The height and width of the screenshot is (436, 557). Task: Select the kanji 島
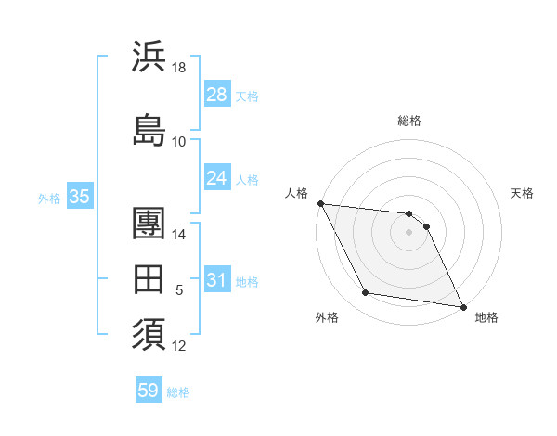149,130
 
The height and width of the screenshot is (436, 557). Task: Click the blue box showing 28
217,95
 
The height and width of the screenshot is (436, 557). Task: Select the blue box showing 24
217,178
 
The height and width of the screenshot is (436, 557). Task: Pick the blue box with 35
79,197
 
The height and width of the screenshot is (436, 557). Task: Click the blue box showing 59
149,391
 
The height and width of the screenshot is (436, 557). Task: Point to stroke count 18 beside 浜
179,68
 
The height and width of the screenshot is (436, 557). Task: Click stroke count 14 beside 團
179,236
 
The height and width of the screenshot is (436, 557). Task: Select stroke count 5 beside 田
179,290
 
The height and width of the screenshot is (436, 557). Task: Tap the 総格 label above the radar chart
408,121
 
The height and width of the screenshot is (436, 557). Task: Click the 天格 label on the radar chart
522,193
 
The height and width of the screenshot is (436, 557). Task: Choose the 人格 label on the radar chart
296,193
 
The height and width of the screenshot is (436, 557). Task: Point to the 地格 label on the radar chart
486,317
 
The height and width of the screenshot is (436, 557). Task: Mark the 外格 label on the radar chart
327,317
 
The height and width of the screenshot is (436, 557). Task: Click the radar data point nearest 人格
320,203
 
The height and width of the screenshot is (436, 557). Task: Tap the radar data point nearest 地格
462,305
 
